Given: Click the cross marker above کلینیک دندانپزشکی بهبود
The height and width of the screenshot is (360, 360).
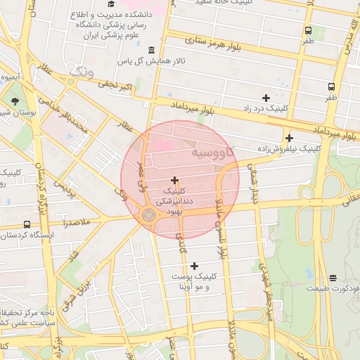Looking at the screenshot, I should [174, 181].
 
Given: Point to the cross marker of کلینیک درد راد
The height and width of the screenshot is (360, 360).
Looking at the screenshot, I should [265, 98].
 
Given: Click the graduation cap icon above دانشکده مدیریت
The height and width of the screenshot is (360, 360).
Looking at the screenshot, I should [111, 5].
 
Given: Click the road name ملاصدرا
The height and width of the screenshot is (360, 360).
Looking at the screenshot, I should [76, 223].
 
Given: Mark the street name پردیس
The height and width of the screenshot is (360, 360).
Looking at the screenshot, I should [65, 188].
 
